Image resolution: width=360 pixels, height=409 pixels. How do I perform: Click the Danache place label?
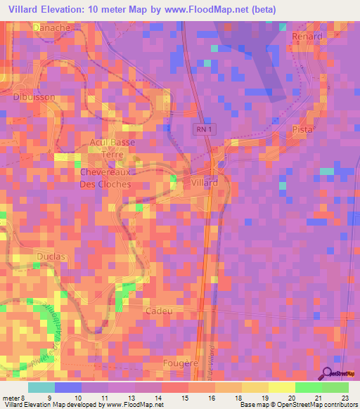51,27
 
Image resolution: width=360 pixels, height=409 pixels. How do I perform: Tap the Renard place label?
307,36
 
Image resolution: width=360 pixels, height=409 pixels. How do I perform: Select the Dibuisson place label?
34,98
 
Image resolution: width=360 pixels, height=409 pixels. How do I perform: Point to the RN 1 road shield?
202,129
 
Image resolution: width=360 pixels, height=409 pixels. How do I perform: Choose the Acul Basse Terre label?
112,148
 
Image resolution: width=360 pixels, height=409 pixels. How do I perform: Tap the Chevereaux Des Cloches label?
105,178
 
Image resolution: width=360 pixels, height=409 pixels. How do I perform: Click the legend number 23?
345,397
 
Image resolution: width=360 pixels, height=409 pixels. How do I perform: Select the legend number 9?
48,397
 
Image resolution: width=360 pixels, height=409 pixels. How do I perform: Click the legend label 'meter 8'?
13,397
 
